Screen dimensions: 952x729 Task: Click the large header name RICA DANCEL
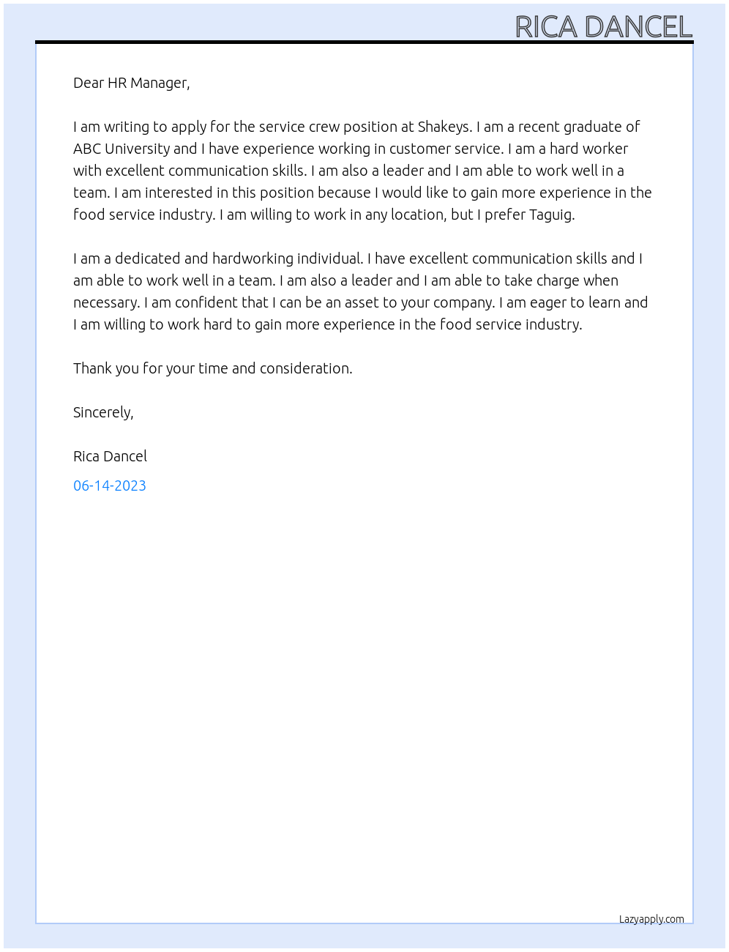(x=603, y=27)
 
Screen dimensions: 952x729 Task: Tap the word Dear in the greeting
(x=88, y=83)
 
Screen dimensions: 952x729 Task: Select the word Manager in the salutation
(x=160, y=83)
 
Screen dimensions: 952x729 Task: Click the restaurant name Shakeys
(x=444, y=127)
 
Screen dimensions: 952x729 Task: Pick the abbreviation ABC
(x=87, y=149)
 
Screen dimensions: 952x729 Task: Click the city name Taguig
(x=550, y=215)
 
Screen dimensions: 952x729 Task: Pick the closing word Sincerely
(x=103, y=412)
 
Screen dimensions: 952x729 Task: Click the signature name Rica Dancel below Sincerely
(x=110, y=456)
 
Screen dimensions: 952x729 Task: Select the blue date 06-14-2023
(x=110, y=486)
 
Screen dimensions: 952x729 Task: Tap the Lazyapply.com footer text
(x=651, y=919)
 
